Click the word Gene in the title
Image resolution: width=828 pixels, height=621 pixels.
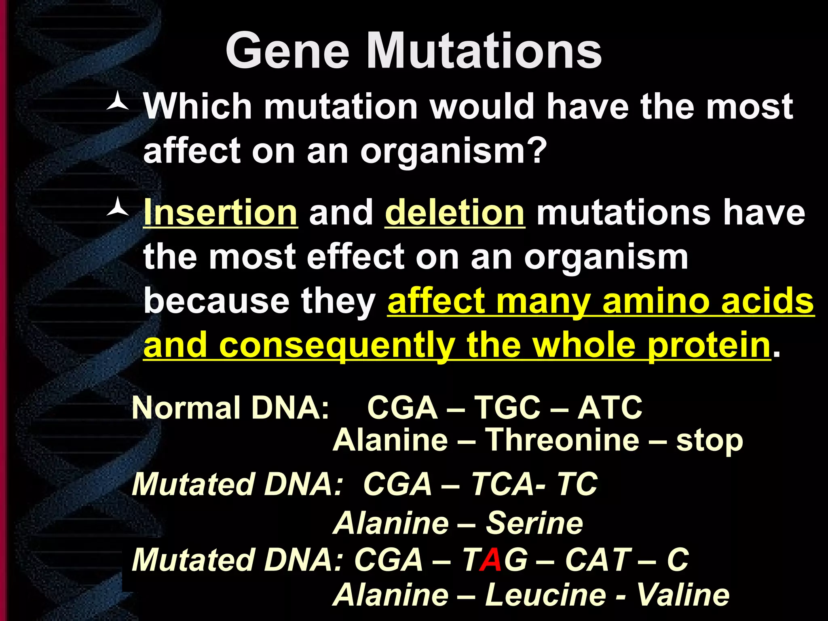coord(287,51)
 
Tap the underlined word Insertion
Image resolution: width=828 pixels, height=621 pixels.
coord(221,213)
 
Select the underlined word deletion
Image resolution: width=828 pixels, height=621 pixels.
coord(455,213)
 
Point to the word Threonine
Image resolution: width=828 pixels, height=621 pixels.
coord(562,440)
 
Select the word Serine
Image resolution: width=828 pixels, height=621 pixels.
coord(534,523)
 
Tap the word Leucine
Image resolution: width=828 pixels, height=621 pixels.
coord(545,595)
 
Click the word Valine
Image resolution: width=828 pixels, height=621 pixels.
coord(683,595)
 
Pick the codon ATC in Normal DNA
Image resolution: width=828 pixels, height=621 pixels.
coord(610,408)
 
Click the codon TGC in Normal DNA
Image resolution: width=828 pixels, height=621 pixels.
coord(507,408)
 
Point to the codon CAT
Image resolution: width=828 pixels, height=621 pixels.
coord(598,560)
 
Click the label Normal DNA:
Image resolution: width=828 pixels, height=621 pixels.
coord(230,408)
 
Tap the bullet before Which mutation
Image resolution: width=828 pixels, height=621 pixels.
coord(118,105)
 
